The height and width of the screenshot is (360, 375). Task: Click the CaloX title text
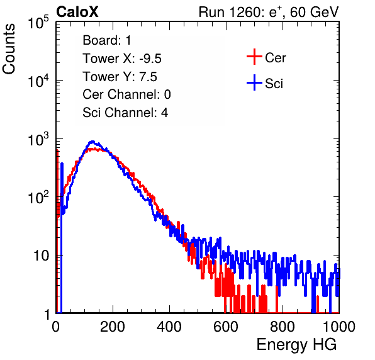click(x=77, y=12)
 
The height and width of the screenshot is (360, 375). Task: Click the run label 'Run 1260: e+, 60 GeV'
click(x=269, y=12)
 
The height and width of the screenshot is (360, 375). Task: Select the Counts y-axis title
click(x=9, y=49)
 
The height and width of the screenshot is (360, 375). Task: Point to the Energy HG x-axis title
click(x=296, y=345)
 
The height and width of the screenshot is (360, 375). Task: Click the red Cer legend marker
click(x=254, y=57)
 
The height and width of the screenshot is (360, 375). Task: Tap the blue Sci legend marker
click(x=254, y=83)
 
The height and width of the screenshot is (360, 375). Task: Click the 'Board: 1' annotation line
click(x=107, y=40)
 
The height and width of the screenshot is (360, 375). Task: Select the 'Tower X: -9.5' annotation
click(x=122, y=59)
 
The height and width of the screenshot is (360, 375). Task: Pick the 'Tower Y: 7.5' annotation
click(x=120, y=77)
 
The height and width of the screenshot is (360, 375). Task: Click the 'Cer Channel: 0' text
click(x=126, y=94)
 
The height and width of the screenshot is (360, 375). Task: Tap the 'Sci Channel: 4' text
click(x=125, y=113)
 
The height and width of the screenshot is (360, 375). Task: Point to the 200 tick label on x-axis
click(x=113, y=326)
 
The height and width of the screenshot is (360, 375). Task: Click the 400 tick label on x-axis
click(x=169, y=326)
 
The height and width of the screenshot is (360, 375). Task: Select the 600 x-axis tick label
click(x=226, y=326)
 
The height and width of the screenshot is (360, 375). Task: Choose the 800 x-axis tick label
click(x=283, y=326)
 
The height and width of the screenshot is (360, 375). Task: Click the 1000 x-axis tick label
click(x=339, y=326)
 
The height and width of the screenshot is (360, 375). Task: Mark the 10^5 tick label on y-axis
click(x=38, y=22)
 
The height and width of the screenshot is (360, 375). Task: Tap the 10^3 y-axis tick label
click(x=38, y=139)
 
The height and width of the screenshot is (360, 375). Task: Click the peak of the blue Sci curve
click(x=92, y=142)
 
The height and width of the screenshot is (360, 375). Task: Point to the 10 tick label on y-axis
click(x=41, y=256)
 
